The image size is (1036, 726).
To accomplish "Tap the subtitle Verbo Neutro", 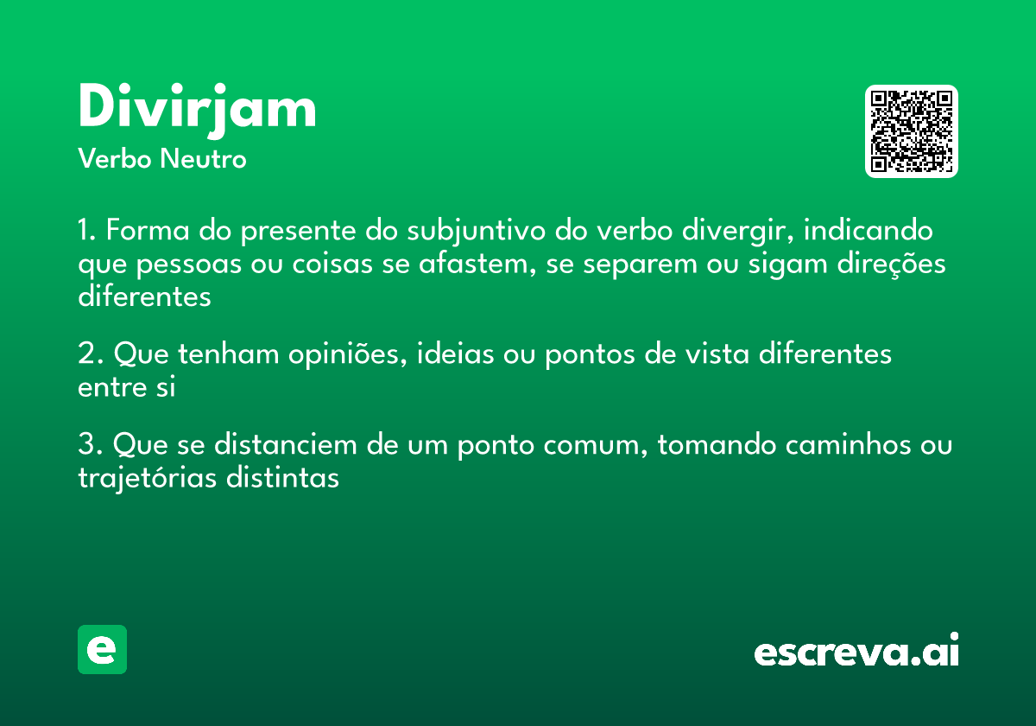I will (x=162, y=159).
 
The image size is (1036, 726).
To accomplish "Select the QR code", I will (x=911, y=131).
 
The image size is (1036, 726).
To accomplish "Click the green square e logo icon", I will (x=102, y=649).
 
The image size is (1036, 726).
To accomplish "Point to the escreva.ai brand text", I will (x=856, y=651).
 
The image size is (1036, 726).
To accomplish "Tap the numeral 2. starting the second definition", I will (x=91, y=354).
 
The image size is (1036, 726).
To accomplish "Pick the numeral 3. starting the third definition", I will (x=91, y=445).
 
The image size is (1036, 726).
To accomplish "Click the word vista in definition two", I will (x=705, y=354).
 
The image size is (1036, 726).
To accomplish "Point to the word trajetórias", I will (x=145, y=477).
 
